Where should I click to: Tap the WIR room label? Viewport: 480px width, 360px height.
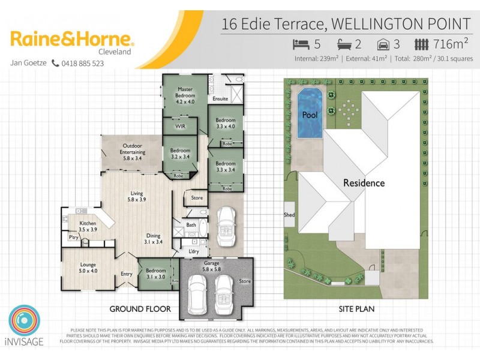tap(179, 127)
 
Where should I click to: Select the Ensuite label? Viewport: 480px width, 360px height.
tap(220, 99)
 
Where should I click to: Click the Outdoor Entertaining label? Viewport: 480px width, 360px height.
tap(132, 149)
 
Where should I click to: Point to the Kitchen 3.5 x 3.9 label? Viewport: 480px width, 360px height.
tap(88, 226)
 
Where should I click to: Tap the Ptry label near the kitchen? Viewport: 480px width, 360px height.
tap(74, 237)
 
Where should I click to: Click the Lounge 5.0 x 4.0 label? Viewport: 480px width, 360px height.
tap(88, 268)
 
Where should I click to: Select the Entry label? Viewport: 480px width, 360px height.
tap(127, 274)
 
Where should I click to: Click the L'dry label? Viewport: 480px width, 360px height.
tap(194, 251)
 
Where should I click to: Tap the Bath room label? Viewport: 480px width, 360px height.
tap(191, 225)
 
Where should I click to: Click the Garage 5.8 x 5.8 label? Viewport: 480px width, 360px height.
tap(214, 266)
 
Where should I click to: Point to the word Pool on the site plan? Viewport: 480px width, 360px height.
tap(310, 114)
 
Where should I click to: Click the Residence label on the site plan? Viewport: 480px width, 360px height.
tap(364, 183)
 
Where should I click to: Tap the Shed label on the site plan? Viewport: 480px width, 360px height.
tap(289, 214)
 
